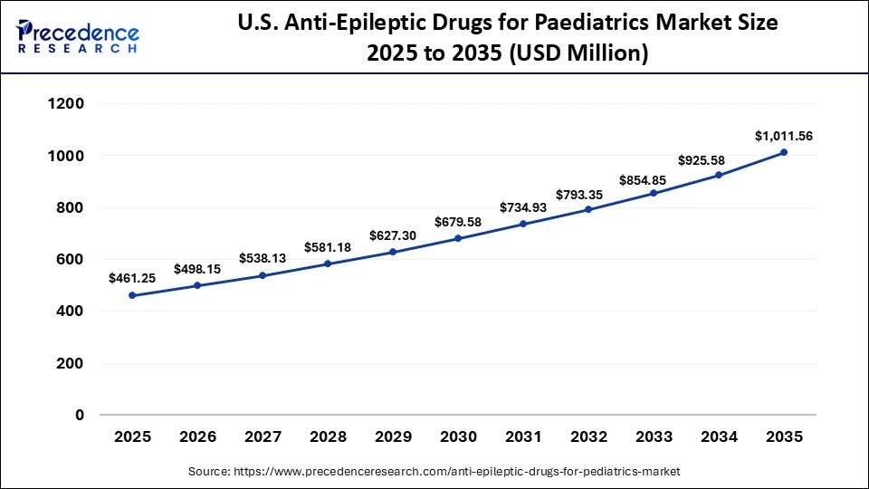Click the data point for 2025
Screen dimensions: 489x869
click(132, 295)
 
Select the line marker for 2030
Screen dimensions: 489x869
click(458, 238)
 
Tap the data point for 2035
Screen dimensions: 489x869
click(784, 152)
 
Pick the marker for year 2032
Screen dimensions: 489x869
click(588, 209)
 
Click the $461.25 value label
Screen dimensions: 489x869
click(132, 279)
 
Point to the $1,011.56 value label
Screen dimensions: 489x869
click(784, 136)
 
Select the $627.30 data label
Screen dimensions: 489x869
click(393, 235)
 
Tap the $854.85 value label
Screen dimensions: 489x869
click(654, 179)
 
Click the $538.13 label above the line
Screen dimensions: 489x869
click(263, 258)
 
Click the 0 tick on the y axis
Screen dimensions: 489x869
click(79, 415)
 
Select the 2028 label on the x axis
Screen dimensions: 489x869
click(328, 436)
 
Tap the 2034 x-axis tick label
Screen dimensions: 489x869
click(719, 436)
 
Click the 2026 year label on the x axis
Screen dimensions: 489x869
click(197, 436)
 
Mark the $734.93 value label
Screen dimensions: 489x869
click(523, 207)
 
